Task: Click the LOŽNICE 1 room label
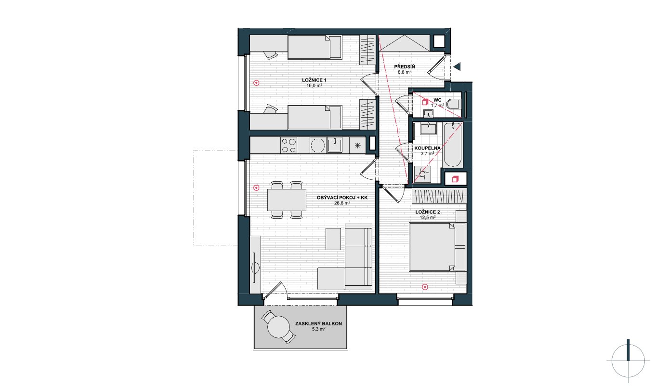point(314,80)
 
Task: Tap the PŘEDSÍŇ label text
point(405,67)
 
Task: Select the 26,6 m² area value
point(342,203)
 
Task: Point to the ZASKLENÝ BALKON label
point(318,323)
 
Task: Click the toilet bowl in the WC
point(454,105)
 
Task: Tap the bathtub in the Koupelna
point(452,145)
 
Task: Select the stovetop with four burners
point(288,146)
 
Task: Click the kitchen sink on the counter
point(335,145)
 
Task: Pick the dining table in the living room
point(287,200)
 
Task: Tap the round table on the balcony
point(279,327)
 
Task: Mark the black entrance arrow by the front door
point(457,67)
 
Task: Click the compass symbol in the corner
point(628,361)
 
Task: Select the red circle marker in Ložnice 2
point(425,287)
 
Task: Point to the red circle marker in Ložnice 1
point(256,83)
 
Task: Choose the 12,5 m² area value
point(428,217)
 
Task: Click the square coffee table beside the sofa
point(333,239)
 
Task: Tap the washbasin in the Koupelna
point(428,128)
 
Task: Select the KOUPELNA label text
point(427,148)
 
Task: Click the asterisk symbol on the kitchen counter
point(357,146)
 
